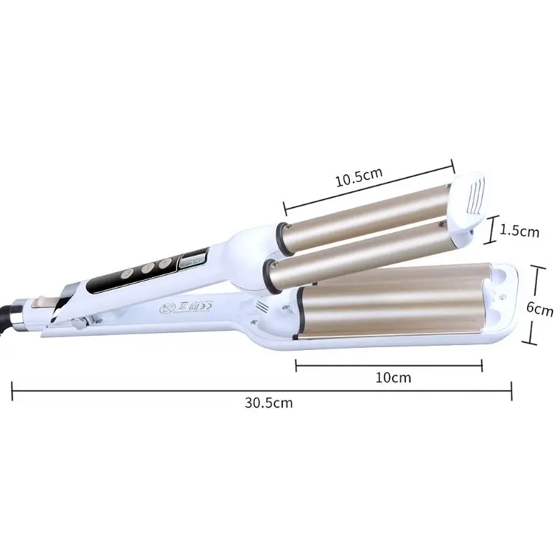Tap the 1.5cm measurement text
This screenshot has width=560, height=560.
(x=521, y=230)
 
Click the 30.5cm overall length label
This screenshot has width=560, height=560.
(x=269, y=402)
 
